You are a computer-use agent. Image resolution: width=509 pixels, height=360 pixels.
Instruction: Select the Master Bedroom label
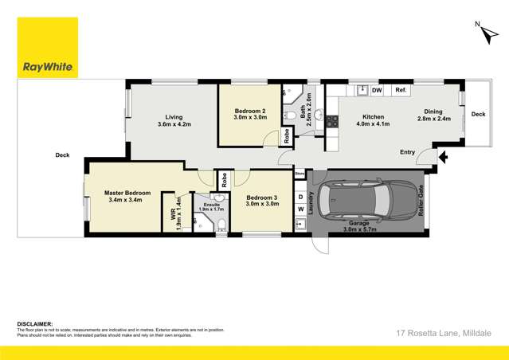coord(127,197)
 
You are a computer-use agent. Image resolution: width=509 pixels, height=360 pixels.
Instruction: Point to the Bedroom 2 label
coord(249,114)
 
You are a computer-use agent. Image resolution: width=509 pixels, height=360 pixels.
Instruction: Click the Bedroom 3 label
coord(262,201)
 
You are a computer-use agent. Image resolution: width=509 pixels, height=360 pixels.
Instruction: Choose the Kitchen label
coord(352,119)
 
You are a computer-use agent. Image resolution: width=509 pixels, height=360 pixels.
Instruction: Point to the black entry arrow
coord(443,156)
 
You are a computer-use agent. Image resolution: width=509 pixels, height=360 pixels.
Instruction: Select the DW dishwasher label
coord(377,91)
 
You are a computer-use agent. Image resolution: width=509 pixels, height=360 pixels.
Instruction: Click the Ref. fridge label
coord(400,91)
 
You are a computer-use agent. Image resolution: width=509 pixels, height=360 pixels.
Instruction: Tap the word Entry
coord(408,151)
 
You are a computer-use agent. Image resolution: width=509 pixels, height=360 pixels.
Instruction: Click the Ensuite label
coord(211,205)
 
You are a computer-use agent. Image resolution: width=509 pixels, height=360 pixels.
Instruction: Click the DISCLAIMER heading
coord(34,324)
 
